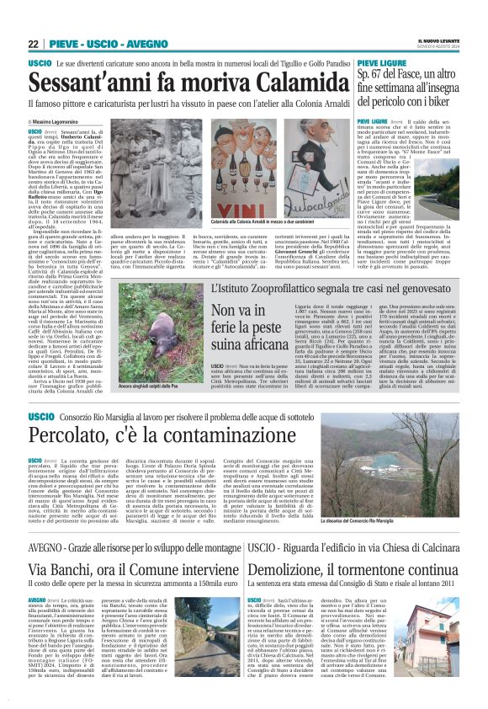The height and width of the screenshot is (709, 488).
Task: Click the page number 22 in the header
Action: (34, 44)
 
